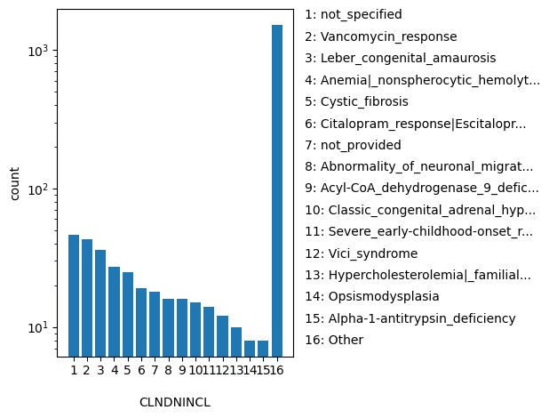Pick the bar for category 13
pyautogui.click(x=236, y=342)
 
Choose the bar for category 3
pyautogui.click(x=100, y=302)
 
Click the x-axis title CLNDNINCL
pyautogui.click(x=175, y=402)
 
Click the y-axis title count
pyautogui.click(x=15, y=182)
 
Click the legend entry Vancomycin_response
pyautogui.click(x=380, y=36)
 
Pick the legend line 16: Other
pyautogui.click(x=334, y=340)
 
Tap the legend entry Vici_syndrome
pyautogui.click(x=361, y=253)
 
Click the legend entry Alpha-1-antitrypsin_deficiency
pyautogui.click(x=410, y=318)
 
